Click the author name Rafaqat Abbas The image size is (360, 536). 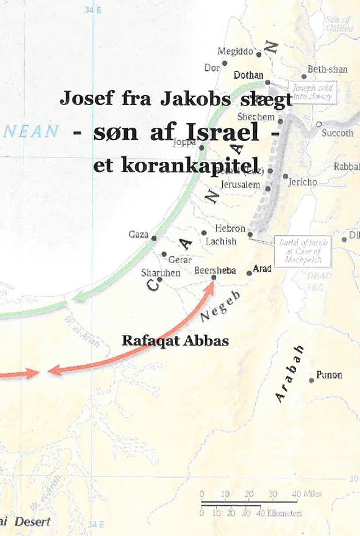tap(175, 341)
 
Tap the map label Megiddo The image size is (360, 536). tap(235, 51)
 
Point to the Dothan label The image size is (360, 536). tap(248, 75)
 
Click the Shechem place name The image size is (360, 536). tap(256, 117)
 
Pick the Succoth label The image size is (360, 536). tap(338, 133)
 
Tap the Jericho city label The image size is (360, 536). tap(302, 182)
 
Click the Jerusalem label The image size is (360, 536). tap(240, 185)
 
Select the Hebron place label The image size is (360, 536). tap(230, 229)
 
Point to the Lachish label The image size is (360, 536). tap(221, 241)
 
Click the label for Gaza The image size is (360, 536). tap(138, 234)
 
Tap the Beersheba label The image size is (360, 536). tap(215, 270)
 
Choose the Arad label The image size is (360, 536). tap(263, 269)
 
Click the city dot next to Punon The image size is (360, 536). tap(312, 380)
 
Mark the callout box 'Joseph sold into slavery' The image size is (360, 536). tap(313, 93)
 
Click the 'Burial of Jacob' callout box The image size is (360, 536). tap(303, 251)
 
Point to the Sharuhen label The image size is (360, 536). tap(161, 272)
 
